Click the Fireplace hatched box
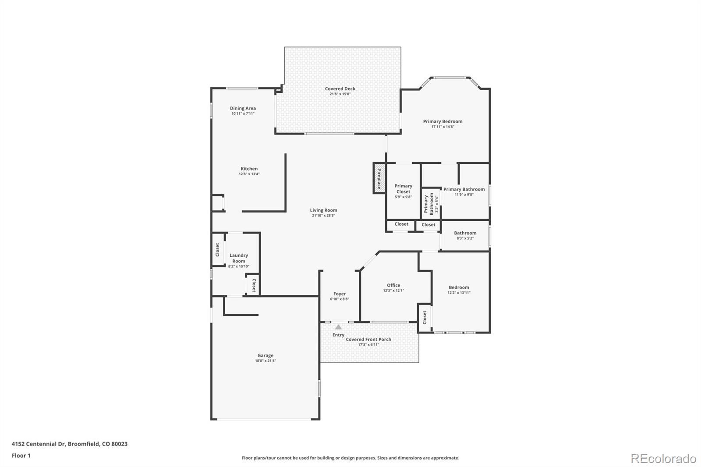click(379, 178)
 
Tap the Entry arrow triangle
click(338, 327)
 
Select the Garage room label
click(266, 355)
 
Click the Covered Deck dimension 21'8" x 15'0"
click(340, 94)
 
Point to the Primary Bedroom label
click(443, 121)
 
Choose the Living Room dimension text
click(323, 216)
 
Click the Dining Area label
click(243, 108)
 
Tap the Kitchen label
click(249, 169)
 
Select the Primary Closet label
click(403, 189)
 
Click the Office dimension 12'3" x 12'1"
click(393, 290)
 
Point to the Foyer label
click(340, 294)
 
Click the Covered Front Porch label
click(368, 339)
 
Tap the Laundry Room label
click(238, 258)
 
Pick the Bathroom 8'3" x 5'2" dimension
click(465, 238)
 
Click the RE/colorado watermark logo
click(663, 459)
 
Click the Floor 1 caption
click(21, 456)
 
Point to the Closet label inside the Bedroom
click(425, 317)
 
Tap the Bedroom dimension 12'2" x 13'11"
click(459, 293)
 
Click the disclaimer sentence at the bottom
click(350, 458)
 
